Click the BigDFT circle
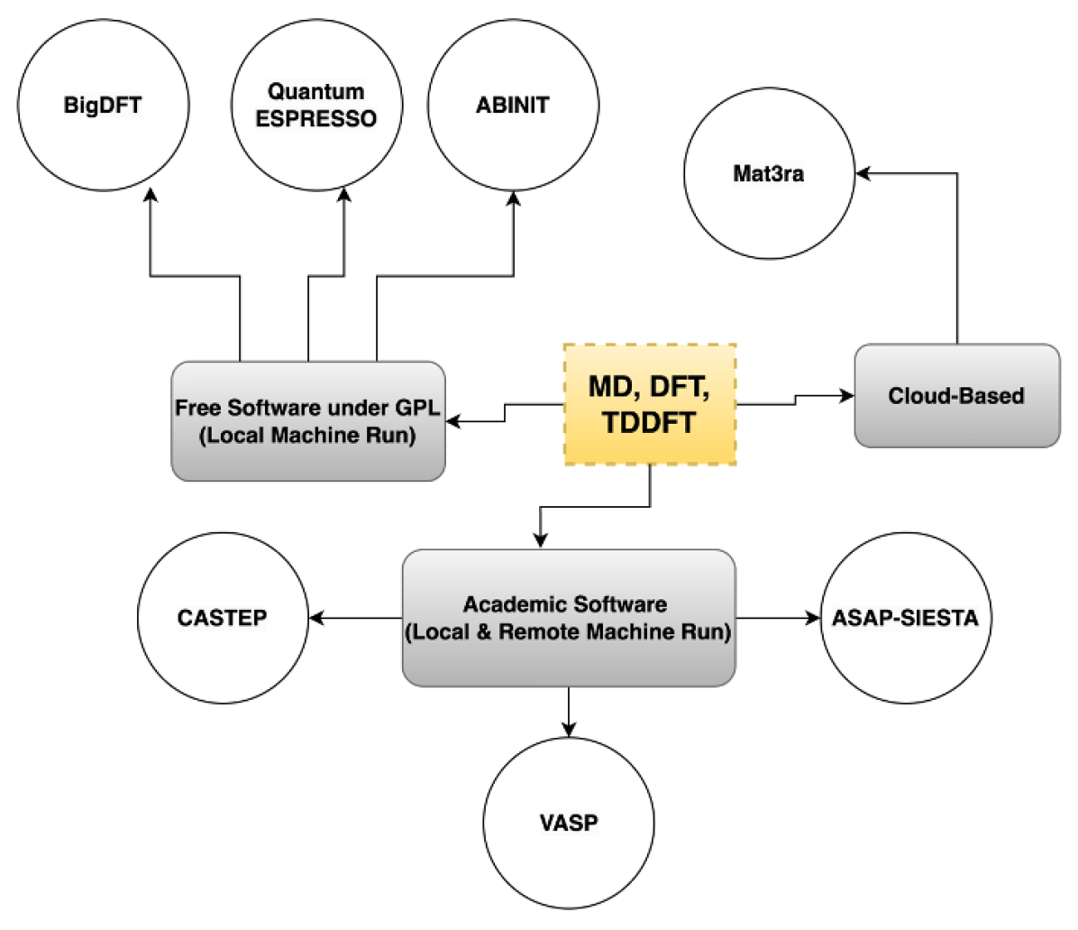coord(103,106)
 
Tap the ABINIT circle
coord(512,106)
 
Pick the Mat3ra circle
coord(769,175)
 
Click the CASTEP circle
coord(223,619)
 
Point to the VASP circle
coord(569,823)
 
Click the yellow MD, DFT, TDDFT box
coord(650,403)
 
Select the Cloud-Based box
coord(956,395)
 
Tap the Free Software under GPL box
coord(307,420)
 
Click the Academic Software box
coord(568,618)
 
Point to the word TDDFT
coord(649,422)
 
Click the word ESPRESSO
coord(316,119)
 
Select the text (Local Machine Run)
coord(307,436)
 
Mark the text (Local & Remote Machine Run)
coord(568,632)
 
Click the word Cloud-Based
coord(956,395)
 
